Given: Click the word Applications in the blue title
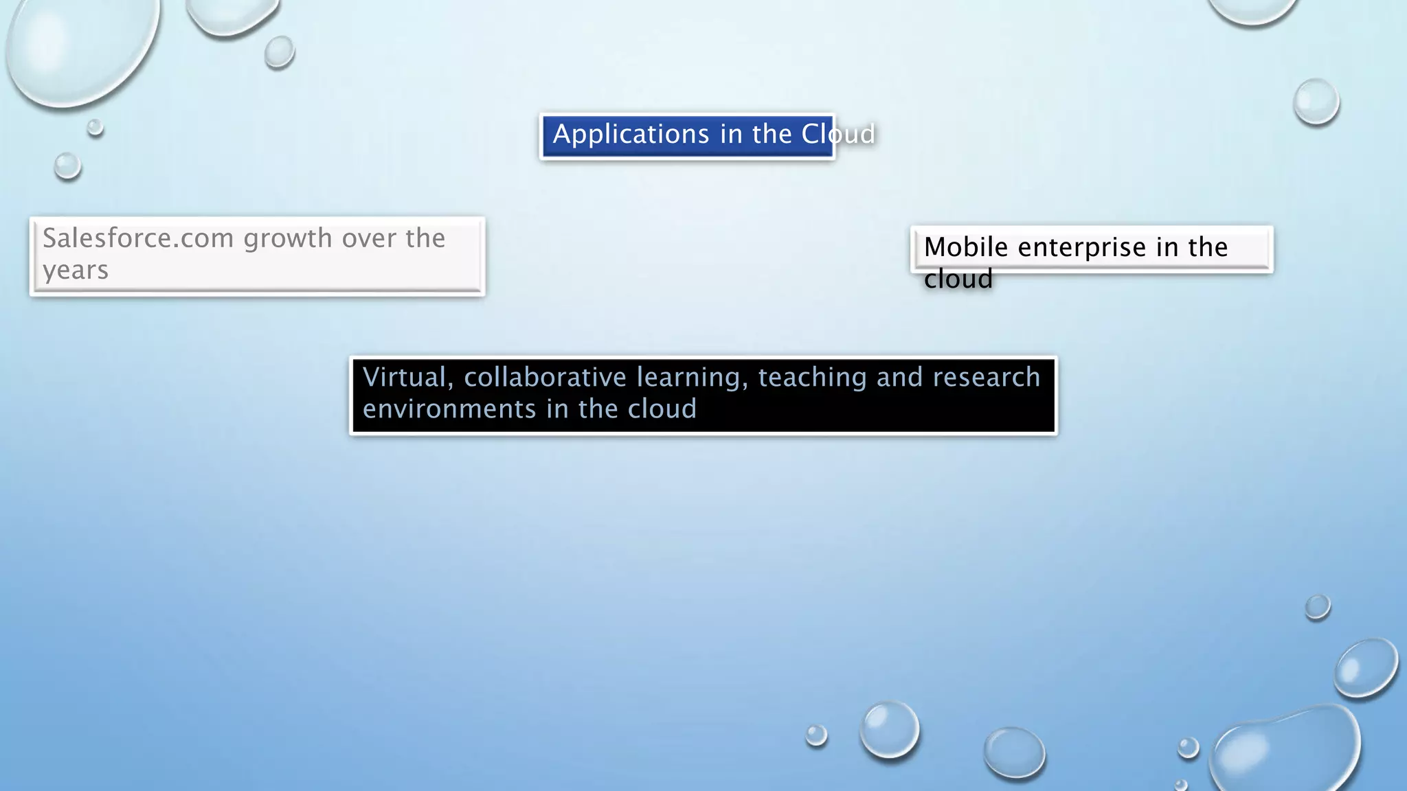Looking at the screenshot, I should [631, 135].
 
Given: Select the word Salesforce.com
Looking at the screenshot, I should [138, 238].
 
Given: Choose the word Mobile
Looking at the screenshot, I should [965, 247].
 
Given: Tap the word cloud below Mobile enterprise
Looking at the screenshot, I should [958, 279].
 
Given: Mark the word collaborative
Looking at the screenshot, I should [545, 378].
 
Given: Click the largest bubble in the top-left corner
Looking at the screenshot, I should [81, 48].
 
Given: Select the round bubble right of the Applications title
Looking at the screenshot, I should [1316, 102].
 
